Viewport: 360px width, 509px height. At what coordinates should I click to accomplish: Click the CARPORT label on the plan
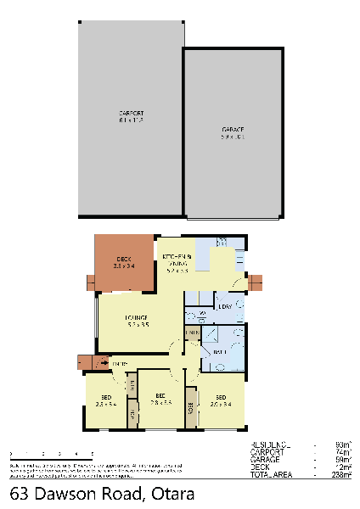(131, 113)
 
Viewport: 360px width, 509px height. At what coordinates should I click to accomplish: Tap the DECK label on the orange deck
(123, 259)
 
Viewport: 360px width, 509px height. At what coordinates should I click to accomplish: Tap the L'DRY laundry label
(225, 306)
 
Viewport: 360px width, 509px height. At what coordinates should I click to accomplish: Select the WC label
(201, 316)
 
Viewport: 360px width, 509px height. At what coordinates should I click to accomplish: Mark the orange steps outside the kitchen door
(256, 281)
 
